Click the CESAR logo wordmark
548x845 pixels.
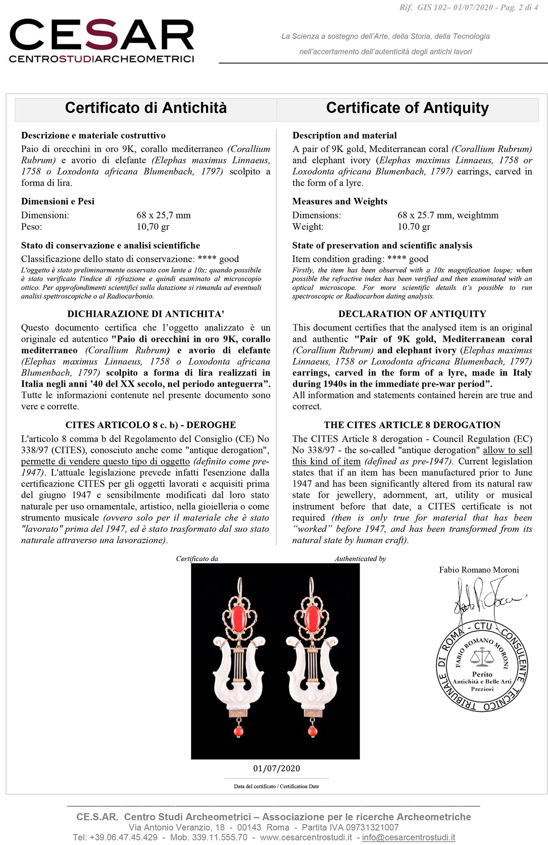[x=101, y=35]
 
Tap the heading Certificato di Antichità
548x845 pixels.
[x=146, y=108]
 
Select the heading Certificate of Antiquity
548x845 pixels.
[x=407, y=108]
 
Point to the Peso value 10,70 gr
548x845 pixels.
[x=153, y=227]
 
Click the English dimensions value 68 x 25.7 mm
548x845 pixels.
[x=425, y=215]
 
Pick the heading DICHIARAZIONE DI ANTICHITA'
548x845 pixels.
[x=146, y=314]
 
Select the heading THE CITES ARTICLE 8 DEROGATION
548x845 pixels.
[x=412, y=425]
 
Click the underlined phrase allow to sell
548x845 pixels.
[x=507, y=450]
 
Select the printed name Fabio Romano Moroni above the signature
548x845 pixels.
[x=479, y=570]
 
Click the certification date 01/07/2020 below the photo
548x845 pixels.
[x=276, y=769]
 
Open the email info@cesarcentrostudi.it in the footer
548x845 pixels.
[x=409, y=837]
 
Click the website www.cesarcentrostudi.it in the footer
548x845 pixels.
[x=306, y=837]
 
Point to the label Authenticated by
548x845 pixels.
[x=360, y=559]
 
